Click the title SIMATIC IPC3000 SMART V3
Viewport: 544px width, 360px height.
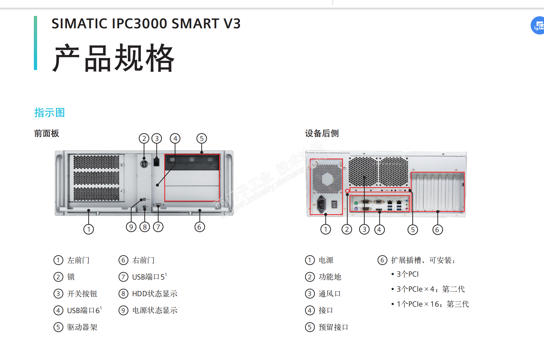146,24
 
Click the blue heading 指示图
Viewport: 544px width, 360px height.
49,113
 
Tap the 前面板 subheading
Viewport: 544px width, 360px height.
47,133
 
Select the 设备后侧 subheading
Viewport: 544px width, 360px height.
321,133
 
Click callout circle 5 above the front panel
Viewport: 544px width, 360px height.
202,139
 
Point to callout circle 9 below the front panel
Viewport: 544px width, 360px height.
131,227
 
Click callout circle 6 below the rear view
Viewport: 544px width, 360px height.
437,230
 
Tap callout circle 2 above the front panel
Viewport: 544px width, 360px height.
144,139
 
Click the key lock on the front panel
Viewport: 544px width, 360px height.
144,164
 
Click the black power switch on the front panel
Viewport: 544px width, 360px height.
156,161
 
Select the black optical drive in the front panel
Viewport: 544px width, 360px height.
192,162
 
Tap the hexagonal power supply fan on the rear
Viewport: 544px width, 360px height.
327,179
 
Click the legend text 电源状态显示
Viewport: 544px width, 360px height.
155,311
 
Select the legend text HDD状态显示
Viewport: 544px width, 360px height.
155,294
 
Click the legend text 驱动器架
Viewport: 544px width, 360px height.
82,327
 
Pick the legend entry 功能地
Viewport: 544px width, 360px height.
330,277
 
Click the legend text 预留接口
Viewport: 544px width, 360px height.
333,327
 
